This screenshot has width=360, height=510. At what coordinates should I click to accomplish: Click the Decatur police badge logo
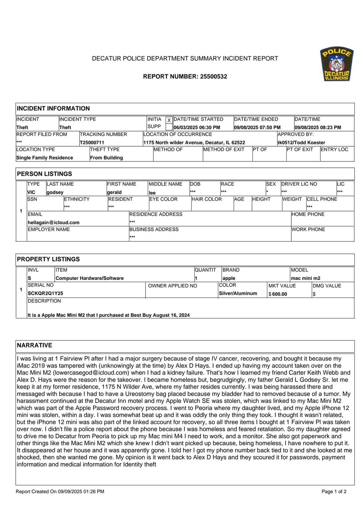pyautogui.click(x=337, y=64)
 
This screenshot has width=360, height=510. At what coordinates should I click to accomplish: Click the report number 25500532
pyautogui.click(x=213, y=76)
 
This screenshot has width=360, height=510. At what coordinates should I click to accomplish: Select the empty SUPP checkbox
pyautogui.click(x=169, y=127)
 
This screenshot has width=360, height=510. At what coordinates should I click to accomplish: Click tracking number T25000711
pyautogui.click(x=92, y=142)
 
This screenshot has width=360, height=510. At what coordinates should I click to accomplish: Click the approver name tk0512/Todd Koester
pyautogui.click(x=301, y=142)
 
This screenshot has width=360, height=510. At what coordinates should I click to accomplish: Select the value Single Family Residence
pyautogui.click(x=45, y=158)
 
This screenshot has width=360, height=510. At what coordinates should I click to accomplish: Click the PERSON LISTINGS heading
pyautogui.click(x=44, y=174)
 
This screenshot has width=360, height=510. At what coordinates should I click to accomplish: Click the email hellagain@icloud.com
pyautogui.click(x=54, y=222)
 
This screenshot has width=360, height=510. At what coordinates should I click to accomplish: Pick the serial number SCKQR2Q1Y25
pyautogui.click(x=45, y=294)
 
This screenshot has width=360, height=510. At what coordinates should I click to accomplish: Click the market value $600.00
pyautogui.click(x=279, y=294)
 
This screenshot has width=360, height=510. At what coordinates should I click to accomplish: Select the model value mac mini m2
pyautogui.click(x=305, y=278)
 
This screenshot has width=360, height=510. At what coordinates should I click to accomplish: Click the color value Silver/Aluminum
pyautogui.click(x=238, y=294)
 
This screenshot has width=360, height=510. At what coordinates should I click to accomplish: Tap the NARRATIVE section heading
pyautogui.click(x=35, y=345)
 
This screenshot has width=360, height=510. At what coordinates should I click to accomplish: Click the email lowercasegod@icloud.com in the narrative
pyautogui.click(x=91, y=373)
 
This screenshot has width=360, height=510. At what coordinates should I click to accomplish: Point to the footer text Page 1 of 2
pyautogui.click(x=334, y=491)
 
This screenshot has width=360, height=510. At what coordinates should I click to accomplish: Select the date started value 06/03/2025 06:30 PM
pyautogui.click(x=197, y=127)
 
